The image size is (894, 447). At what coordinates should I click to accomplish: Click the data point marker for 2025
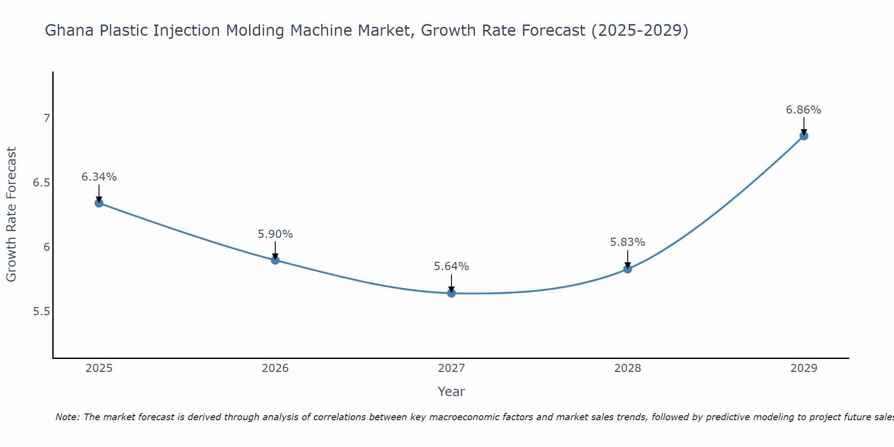point(99,203)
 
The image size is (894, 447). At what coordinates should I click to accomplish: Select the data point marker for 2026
point(275,260)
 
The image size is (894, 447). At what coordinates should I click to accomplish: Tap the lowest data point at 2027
point(451,293)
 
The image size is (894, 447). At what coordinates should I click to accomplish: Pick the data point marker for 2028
point(628,269)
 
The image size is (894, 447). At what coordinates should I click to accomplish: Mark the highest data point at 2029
point(804,136)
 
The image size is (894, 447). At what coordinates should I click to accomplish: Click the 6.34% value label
point(99,177)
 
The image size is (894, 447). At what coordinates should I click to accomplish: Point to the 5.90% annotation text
point(275,234)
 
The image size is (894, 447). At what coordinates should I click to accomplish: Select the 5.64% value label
point(451,266)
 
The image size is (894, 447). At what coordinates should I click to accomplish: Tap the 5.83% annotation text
point(628,242)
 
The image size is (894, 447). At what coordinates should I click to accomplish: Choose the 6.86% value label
point(804,110)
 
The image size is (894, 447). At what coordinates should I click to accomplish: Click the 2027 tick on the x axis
point(451,368)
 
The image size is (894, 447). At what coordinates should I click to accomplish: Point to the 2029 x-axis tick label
point(804,368)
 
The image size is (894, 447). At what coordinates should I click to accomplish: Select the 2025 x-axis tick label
point(99,368)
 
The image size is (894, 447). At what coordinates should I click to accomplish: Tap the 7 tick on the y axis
point(46,118)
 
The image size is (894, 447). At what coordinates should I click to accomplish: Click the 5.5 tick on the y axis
point(41,312)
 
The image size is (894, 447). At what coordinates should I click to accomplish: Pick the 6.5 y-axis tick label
point(41,183)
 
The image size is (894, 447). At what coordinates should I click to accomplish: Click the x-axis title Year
point(451,392)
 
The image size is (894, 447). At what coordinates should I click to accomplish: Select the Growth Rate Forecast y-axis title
point(11,215)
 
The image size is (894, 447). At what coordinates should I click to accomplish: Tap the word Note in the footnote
point(67,417)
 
